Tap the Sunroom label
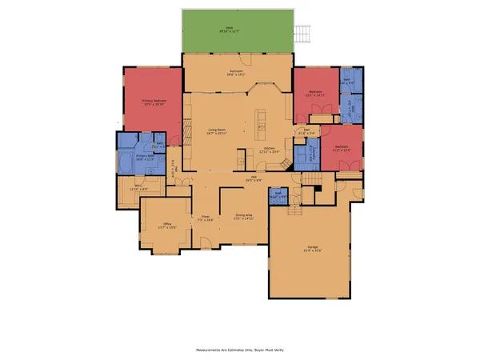pos(236,73)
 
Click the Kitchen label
pos(270,150)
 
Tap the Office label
pos(167,226)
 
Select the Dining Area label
pos(244,216)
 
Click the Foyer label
pos(206,218)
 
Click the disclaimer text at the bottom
pos(240,349)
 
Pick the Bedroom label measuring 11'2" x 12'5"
pos(342,148)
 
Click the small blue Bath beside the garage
pos(278,194)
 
